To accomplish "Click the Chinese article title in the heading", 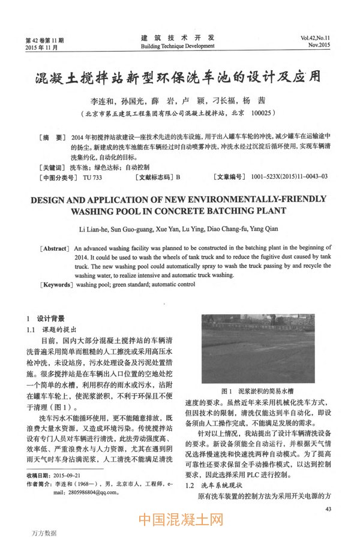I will pos(179,78).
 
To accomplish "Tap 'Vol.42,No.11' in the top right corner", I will pos(320,37).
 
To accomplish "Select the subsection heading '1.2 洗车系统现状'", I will pos(213,484).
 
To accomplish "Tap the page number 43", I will pos(327,509).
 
